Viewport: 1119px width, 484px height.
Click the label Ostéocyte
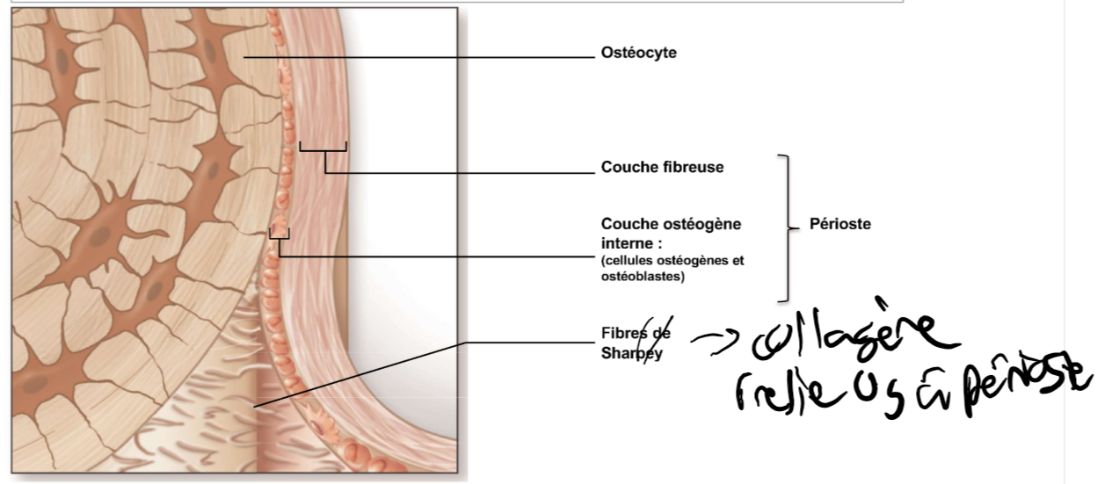[x=638, y=54]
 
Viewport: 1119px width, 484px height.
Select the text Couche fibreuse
[x=662, y=167]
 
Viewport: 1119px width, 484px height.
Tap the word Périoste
[x=839, y=224]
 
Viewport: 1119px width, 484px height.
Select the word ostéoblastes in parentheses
[x=643, y=278]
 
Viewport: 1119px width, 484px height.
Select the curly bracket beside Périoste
[x=785, y=227]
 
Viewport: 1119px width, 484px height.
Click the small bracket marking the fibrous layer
[x=323, y=147]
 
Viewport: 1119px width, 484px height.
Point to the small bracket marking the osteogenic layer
[x=279, y=234]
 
